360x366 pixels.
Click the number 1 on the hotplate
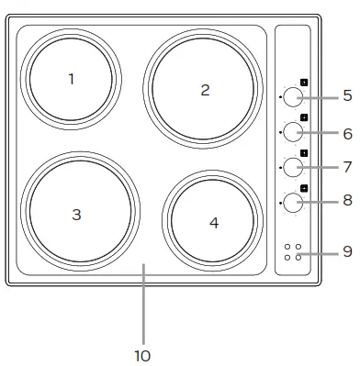tap(72, 79)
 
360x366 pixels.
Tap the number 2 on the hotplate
tap(205, 89)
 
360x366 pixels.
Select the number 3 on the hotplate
tap(77, 214)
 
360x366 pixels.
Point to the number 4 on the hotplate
tap(213, 223)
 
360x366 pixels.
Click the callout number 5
tap(347, 95)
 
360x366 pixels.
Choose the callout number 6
tap(347, 133)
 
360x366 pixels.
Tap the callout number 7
tap(347, 167)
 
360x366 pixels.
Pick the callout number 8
tap(347, 199)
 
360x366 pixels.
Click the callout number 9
tap(347, 250)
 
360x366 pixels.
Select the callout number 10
tap(142, 354)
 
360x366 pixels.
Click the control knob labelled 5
tap(292, 96)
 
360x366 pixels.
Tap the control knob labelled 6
tap(292, 131)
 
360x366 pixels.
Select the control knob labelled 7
tap(292, 167)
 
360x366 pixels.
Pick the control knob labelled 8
tap(292, 201)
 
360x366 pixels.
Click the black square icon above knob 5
tap(304, 82)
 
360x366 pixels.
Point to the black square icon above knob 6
tap(304, 117)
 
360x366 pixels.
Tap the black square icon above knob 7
tap(304, 153)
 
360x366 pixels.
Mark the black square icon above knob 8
tap(304, 188)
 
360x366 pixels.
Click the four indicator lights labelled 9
tap(293, 252)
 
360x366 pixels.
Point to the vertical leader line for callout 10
tap(143, 303)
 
